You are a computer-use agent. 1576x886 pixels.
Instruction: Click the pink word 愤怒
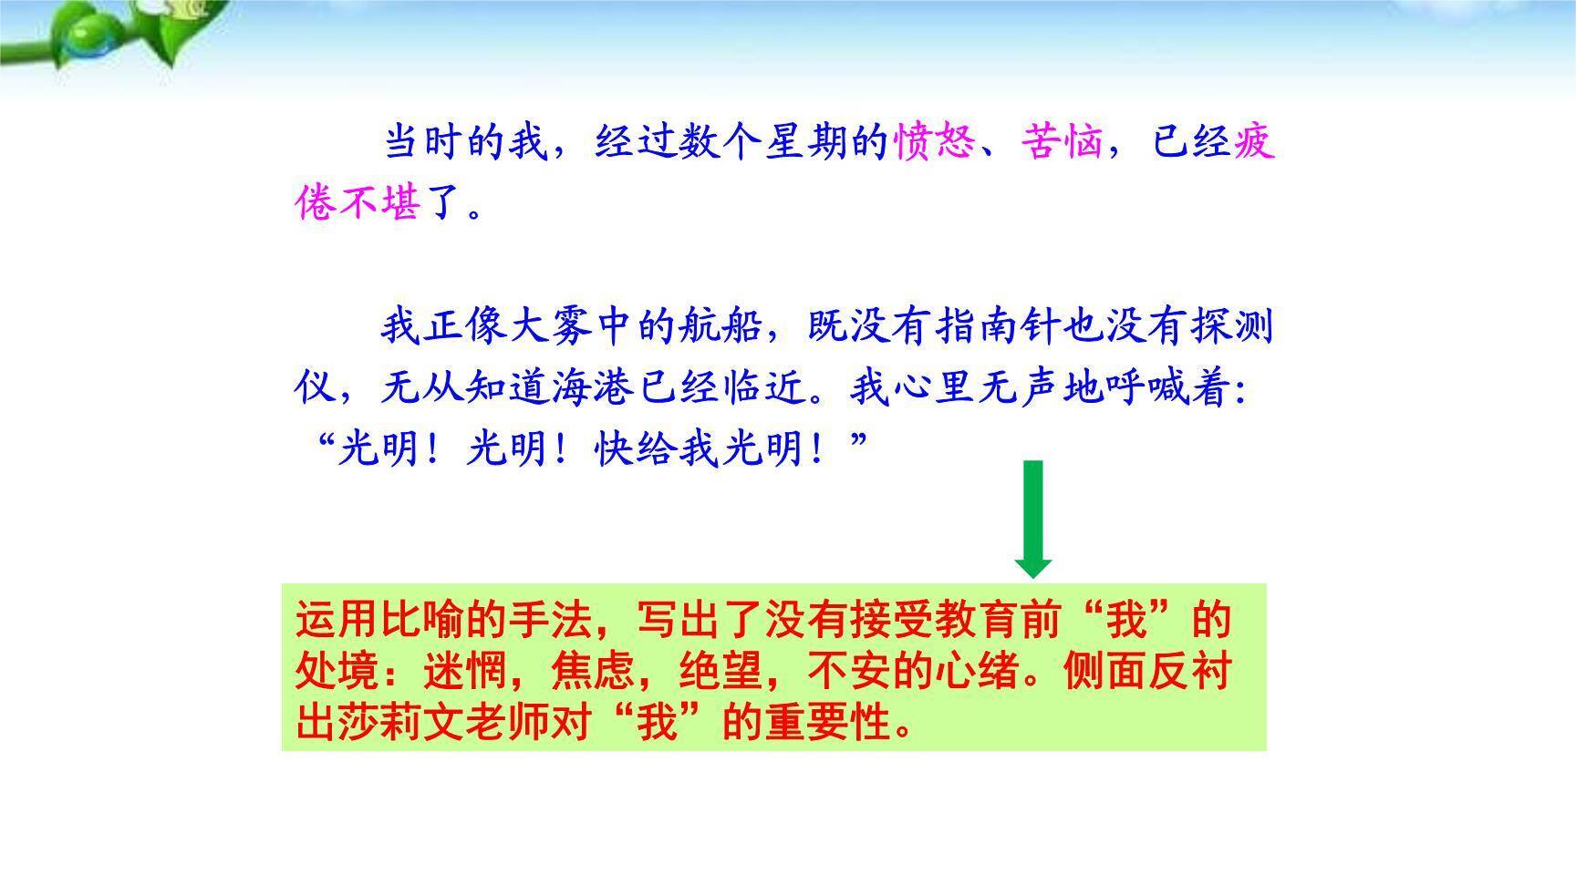[933, 142]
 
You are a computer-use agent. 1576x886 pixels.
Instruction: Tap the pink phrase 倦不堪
[358, 202]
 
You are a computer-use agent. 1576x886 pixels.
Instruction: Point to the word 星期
[806, 142]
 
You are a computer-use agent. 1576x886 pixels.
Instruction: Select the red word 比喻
[420, 620]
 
